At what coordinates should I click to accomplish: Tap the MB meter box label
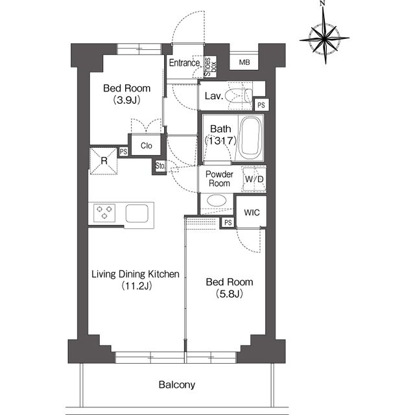(244, 62)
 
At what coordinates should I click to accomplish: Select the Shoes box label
(211, 67)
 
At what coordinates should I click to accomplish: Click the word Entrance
(184, 63)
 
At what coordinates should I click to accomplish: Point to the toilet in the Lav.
(239, 95)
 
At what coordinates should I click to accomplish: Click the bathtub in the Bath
(251, 137)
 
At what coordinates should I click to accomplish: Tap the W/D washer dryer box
(254, 179)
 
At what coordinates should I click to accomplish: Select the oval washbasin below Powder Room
(217, 200)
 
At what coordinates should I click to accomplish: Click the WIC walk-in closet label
(252, 213)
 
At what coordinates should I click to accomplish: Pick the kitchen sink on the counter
(137, 213)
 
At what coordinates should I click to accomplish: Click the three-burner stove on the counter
(104, 213)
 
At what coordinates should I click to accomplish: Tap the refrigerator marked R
(104, 161)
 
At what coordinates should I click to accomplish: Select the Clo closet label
(147, 145)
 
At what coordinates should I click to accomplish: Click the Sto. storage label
(160, 166)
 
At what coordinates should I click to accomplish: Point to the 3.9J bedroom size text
(127, 101)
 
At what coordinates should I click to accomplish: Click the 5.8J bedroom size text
(230, 294)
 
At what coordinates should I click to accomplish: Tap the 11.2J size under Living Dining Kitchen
(137, 286)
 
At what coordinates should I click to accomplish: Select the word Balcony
(177, 385)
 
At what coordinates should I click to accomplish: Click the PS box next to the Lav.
(261, 105)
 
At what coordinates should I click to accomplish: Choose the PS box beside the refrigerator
(123, 152)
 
